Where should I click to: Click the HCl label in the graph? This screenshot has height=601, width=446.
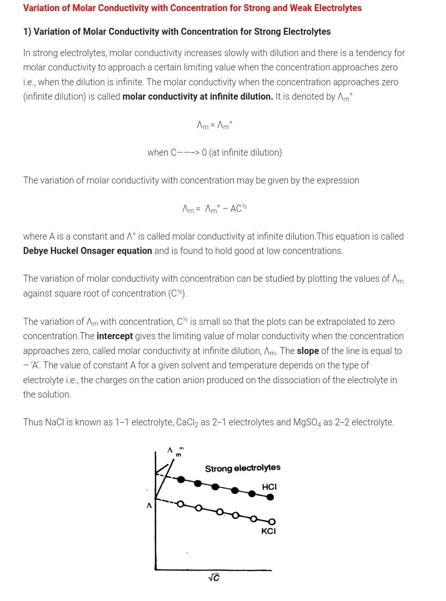tap(269, 487)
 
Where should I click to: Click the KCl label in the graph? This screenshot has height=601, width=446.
tap(268, 531)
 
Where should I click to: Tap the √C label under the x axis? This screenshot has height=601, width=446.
tap(214, 578)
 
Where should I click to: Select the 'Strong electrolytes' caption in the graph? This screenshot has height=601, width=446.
tap(242, 468)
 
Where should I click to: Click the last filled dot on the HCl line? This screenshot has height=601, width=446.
tap(271, 497)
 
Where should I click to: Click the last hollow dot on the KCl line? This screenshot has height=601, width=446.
tap(272, 522)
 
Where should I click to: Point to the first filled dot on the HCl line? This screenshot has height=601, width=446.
tap(181, 479)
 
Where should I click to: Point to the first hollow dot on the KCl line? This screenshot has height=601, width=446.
tap(180, 504)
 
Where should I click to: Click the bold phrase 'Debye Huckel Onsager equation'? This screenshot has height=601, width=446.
tap(87, 251)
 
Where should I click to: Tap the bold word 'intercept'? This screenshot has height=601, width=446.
tap(114, 336)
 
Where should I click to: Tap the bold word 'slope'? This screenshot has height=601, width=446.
tap(308, 351)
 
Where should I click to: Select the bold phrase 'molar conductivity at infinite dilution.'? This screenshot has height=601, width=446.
tap(198, 96)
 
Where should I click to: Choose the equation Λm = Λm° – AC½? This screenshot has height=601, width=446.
tap(215, 209)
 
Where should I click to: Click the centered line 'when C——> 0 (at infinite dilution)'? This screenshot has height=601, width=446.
tap(214, 152)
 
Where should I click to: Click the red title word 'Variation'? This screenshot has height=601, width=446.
tap(42, 8)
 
